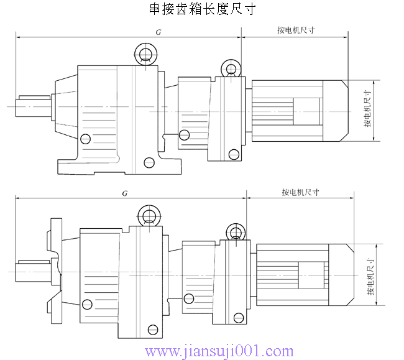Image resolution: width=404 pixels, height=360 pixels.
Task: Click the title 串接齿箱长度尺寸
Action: click(x=201, y=9)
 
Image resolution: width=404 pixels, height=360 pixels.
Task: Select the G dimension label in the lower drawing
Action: click(x=125, y=193)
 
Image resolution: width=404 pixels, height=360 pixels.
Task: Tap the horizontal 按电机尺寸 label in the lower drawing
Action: click(x=300, y=192)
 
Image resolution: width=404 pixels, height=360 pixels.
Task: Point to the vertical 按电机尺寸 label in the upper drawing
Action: click(x=368, y=111)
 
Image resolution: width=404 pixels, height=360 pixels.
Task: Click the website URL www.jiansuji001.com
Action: click(x=219, y=351)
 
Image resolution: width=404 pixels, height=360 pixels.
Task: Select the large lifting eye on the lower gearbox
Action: click(x=149, y=215)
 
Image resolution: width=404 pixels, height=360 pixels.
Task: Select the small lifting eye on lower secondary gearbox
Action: click(x=236, y=231)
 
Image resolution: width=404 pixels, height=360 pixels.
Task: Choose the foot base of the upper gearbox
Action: click(x=118, y=167)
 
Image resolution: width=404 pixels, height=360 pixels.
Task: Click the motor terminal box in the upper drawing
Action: click(x=305, y=111)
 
